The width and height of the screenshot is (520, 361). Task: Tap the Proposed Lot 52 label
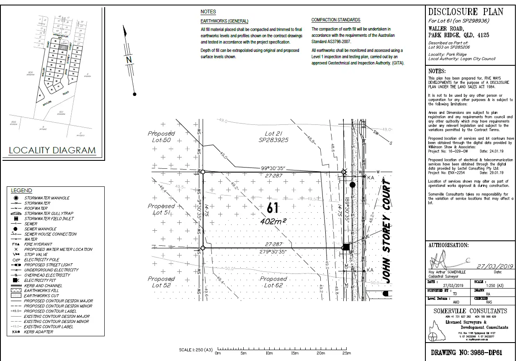tap(161, 282)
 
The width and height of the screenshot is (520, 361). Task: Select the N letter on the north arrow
tap(129, 60)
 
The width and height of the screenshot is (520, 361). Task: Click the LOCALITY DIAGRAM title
tap(52, 150)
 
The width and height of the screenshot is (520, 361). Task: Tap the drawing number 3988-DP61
tap(466, 352)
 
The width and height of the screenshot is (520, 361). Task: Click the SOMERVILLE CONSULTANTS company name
tap(470, 311)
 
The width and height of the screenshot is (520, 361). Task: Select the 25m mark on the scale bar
tap(346, 353)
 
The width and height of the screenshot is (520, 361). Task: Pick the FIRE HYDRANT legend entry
tap(38, 244)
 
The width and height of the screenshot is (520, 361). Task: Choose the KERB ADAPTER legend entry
tap(39, 332)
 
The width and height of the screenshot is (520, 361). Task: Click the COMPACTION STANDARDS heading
tap(336, 20)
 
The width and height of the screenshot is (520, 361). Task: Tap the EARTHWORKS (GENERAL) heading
tap(224, 21)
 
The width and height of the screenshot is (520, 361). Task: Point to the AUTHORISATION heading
tap(448, 245)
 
